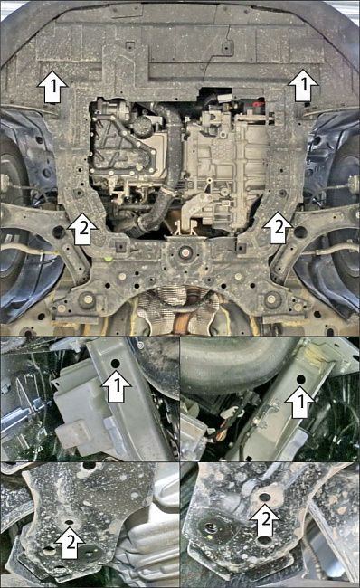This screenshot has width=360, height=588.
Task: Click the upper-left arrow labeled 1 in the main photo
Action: [x=52, y=87]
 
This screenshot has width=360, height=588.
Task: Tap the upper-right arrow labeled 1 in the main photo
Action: [x=303, y=85]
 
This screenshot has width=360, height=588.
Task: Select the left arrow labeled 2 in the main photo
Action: [x=82, y=229]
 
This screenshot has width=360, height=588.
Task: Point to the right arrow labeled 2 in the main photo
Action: [x=278, y=228]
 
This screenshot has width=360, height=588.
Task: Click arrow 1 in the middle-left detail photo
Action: [x=117, y=386]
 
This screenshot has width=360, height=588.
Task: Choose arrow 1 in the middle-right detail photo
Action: [x=300, y=402]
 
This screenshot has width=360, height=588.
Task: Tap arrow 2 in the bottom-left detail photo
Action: [x=71, y=543]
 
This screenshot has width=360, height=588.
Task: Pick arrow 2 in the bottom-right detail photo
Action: [x=265, y=520]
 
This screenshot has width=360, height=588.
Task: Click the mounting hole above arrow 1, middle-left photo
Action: [x=116, y=364]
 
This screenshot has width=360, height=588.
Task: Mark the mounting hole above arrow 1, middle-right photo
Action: [x=300, y=380]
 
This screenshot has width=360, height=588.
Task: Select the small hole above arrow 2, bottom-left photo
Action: [x=69, y=522]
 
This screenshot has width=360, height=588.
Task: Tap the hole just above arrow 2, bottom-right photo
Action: [x=265, y=498]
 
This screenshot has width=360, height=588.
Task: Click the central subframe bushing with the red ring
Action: [x=185, y=252]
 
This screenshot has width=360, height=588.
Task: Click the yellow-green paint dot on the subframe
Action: [x=108, y=259]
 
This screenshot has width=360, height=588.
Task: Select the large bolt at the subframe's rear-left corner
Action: [x=87, y=299]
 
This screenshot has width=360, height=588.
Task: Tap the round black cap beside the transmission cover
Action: [x=143, y=126]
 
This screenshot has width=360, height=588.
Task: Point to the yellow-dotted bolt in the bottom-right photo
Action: [x=211, y=528]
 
